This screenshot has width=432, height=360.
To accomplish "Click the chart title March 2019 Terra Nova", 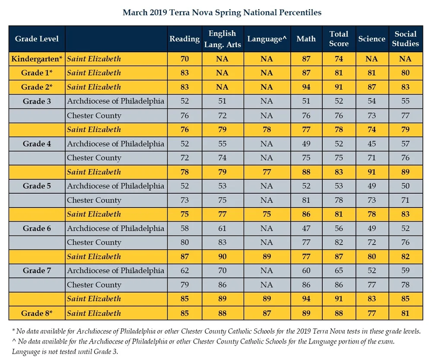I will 222,13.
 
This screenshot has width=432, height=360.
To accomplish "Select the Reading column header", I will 184,39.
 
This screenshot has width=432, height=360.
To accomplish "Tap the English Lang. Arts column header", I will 222,39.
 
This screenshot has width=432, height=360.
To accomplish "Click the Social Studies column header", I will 405,39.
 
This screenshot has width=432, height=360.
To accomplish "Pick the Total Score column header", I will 339,39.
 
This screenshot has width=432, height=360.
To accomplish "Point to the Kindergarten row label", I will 37,59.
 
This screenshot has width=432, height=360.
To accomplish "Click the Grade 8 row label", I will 37,313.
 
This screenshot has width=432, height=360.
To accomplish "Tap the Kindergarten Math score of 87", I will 306,59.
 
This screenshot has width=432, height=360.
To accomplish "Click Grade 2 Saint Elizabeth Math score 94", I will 306,87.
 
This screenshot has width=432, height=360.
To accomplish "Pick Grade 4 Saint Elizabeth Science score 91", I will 372,172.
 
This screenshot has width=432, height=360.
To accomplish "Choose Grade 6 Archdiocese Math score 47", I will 306,228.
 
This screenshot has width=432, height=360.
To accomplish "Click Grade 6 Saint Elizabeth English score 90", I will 222,256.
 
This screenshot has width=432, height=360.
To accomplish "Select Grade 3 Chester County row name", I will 94,115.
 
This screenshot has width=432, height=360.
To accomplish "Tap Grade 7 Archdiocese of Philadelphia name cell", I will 115,271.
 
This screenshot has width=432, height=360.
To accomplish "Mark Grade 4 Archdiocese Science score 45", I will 372,143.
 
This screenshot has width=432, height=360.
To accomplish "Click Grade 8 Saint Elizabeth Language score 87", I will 267,313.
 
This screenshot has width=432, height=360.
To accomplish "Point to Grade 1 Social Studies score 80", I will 405,73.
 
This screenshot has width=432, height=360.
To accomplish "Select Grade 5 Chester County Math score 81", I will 306,200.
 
